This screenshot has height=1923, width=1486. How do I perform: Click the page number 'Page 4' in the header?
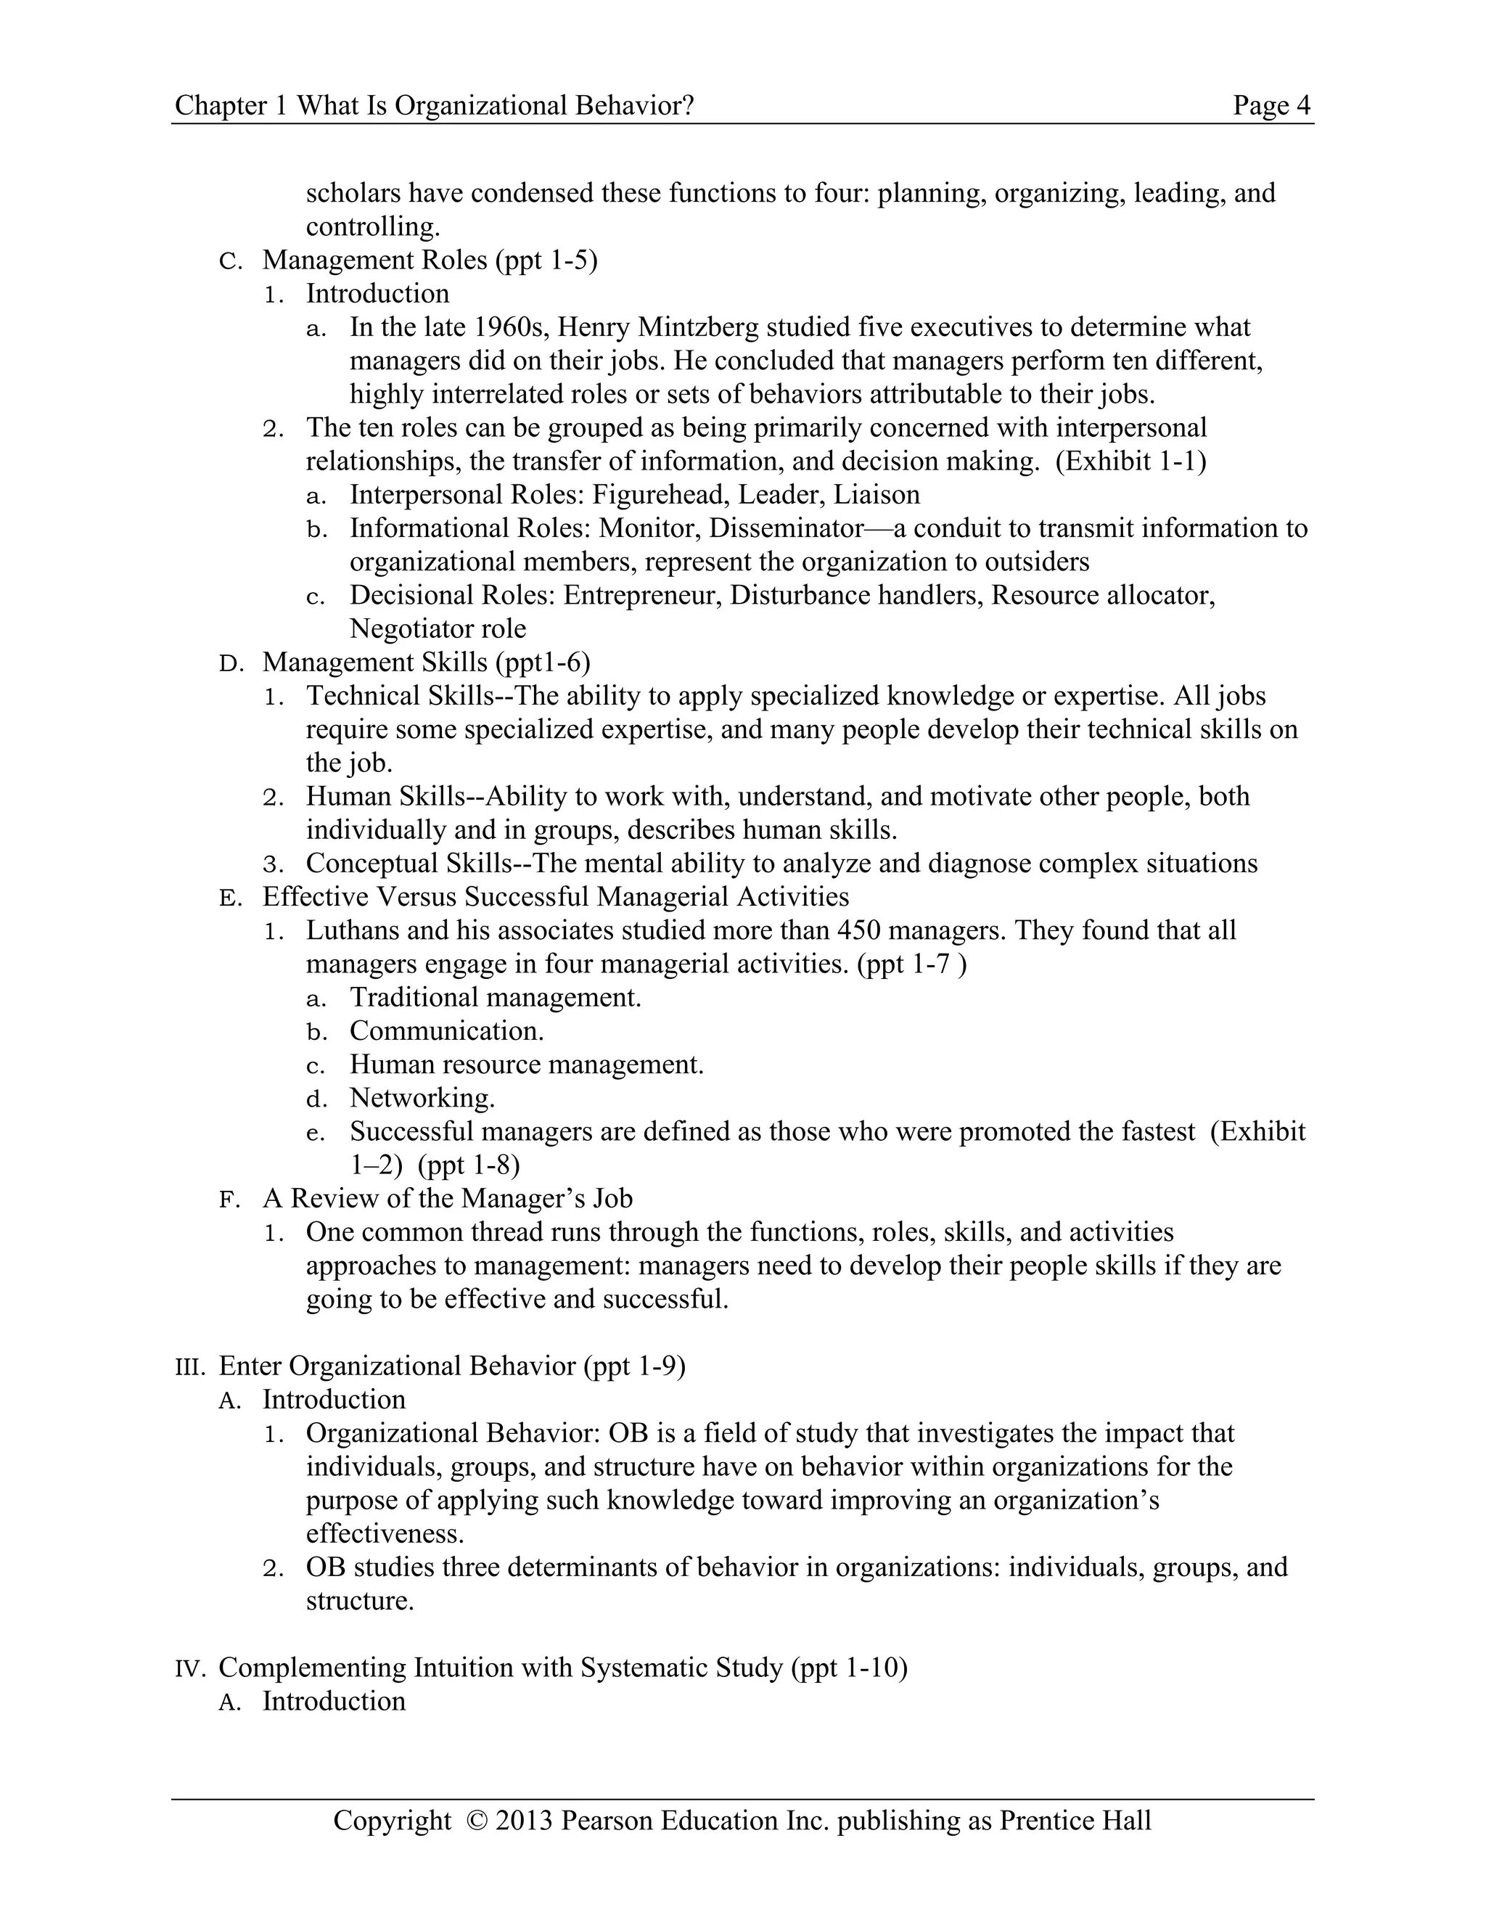(x=1271, y=106)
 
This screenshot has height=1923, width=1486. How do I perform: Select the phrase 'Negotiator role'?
(x=438, y=628)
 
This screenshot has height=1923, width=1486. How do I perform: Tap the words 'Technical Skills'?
(x=401, y=696)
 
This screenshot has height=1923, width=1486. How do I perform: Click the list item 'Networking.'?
(x=422, y=1098)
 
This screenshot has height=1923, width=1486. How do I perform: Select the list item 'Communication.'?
(x=446, y=1031)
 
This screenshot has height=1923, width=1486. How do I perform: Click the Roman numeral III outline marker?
(x=189, y=1367)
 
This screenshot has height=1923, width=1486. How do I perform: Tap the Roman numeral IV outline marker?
(x=189, y=1668)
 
